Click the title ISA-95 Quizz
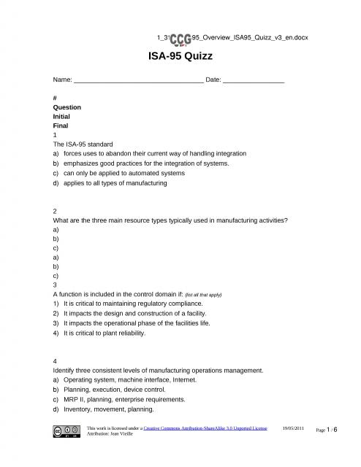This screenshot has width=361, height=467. click(180, 57)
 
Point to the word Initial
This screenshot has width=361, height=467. click(62, 117)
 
